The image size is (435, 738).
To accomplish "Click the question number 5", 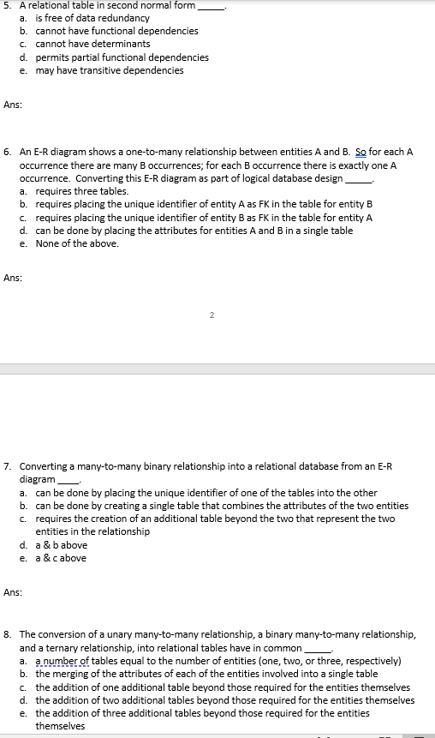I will point(7,5).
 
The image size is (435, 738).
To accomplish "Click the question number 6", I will point(7,152).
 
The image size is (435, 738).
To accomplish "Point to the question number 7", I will point(7,467).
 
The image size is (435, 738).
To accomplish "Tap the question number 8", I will point(7,635).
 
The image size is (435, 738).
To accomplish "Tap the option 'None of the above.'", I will point(77,243).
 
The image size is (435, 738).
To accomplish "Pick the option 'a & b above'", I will point(61,545).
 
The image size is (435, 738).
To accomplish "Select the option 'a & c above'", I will point(61,558).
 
